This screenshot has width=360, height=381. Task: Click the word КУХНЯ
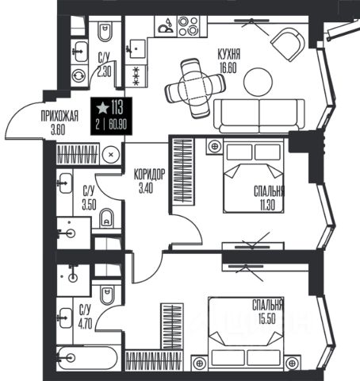[229, 54]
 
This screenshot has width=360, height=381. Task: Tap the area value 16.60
[228, 67]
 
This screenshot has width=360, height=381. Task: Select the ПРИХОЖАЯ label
[59, 116]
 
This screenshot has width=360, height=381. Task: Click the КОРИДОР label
[149, 175]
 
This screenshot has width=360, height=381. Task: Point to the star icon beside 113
[102, 108]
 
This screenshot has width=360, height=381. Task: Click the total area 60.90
[118, 124]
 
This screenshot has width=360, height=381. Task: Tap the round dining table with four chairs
[195, 88]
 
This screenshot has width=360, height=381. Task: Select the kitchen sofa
[259, 116]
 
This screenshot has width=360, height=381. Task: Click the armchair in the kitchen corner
[288, 44]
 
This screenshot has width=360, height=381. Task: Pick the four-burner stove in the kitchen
[188, 26]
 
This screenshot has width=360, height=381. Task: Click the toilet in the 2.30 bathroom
[105, 31]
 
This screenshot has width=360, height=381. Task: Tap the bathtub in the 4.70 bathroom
[86, 359]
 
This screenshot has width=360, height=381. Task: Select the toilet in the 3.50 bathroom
[106, 218]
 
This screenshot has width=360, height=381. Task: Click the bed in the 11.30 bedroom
[253, 175]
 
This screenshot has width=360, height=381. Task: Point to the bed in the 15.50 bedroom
[246, 332]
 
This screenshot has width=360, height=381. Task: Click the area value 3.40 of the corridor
[146, 188]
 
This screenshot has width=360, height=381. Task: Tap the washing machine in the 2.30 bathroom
[79, 75]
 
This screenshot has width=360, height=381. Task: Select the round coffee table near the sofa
[258, 82]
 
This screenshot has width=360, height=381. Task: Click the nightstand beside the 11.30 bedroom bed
[215, 146]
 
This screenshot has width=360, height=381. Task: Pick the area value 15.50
[267, 318]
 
